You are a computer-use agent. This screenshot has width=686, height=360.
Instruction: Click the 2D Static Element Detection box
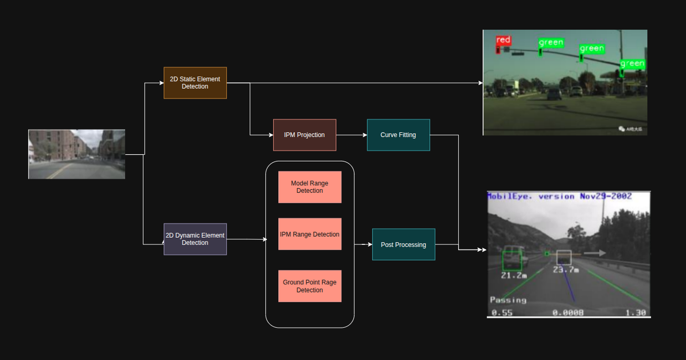tap(195, 83)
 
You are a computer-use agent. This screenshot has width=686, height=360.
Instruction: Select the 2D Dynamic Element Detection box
tap(195, 239)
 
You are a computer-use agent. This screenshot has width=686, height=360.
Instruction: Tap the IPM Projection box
tap(304, 135)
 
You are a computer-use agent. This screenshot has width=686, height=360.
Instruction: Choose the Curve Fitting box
tap(398, 135)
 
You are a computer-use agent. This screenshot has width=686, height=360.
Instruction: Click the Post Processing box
tap(404, 245)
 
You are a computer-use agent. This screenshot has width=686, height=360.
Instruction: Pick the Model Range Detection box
tap(310, 187)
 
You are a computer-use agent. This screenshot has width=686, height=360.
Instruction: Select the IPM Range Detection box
tap(310, 234)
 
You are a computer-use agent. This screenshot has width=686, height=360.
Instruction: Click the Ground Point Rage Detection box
tap(310, 286)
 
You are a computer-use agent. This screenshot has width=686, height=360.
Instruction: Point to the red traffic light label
tap(503, 40)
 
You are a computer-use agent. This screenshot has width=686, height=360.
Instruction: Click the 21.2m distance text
tap(514, 275)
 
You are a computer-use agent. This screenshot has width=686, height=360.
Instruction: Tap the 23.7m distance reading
tap(566, 270)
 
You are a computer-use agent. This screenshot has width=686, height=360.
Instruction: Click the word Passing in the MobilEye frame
tap(508, 300)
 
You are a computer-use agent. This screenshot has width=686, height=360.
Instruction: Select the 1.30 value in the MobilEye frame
tap(636, 313)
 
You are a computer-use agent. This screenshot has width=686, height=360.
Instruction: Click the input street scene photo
tap(77, 154)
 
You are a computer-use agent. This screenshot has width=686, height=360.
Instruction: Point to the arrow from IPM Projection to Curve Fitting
tap(352, 135)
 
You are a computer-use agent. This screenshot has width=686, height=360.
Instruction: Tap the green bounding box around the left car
tap(512, 261)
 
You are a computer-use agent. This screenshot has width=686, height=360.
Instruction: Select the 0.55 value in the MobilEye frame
tap(502, 313)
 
